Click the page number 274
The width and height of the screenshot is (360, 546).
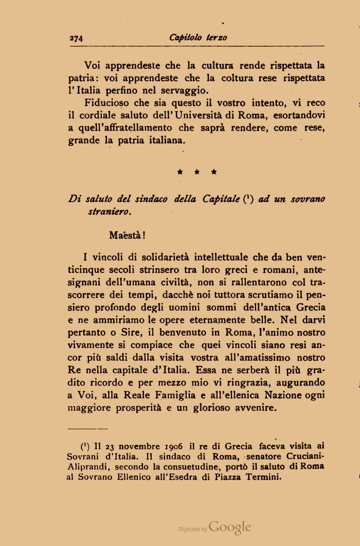click(x=76, y=38)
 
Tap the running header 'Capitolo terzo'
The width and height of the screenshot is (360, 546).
click(x=198, y=38)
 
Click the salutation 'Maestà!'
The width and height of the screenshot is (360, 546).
click(x=127, y=235)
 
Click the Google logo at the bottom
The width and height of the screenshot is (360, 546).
click(x=230, y=527)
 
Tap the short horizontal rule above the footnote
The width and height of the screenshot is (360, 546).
click(x=87, y=428)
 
